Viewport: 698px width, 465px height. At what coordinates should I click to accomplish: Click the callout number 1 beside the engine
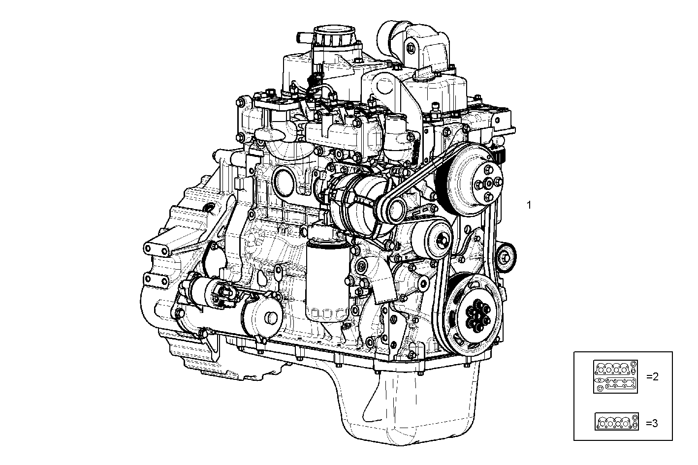[529, 205]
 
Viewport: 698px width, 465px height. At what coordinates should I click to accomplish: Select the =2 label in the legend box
[652, 377]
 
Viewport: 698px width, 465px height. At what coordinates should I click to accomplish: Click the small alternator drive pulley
[395, 210]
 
